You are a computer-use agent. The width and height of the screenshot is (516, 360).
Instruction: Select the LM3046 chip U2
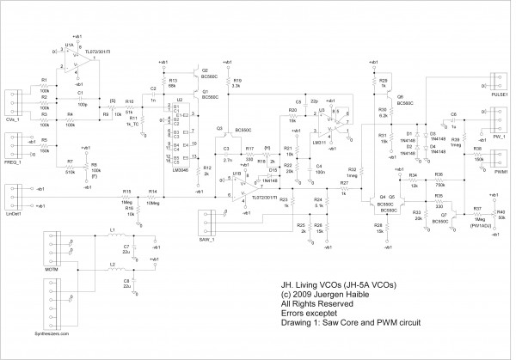(x=181, y=134)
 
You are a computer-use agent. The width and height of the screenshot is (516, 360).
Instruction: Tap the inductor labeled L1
(x=113, y=239)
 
